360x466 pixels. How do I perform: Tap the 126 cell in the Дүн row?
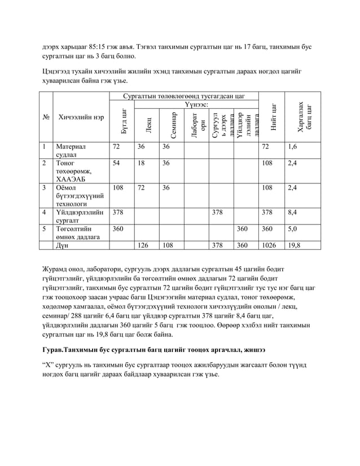(144, 245)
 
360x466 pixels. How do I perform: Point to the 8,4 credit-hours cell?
(293, 213)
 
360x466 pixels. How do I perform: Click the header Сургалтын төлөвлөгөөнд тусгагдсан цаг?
(184, 96)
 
